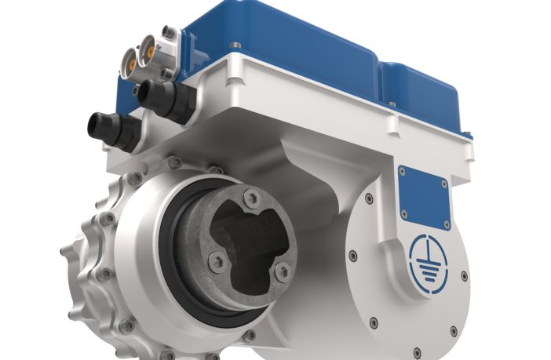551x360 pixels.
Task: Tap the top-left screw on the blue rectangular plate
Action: (x=403, y=170)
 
